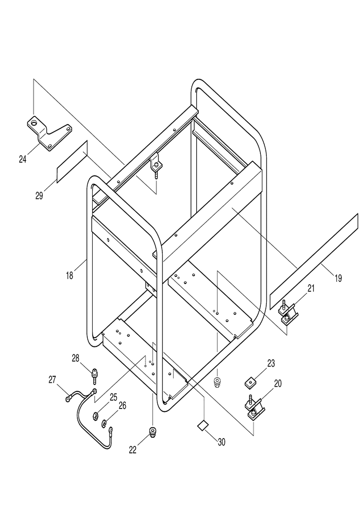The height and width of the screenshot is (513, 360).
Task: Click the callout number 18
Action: point(70,275)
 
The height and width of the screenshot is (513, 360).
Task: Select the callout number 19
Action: point(338,278)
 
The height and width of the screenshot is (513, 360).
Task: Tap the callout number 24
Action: point(23,159)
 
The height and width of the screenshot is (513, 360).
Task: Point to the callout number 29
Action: point(39,196)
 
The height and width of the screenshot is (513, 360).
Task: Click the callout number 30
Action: point(221,442)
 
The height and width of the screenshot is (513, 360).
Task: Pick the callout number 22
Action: point(133,450)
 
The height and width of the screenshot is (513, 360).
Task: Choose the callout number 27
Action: point(52,379)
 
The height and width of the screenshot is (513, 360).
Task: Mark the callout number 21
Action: point(311,288)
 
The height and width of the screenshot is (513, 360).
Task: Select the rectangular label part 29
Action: point(72,162)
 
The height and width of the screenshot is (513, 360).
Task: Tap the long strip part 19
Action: point(314,261)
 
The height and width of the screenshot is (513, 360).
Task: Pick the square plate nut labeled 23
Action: point(251,382)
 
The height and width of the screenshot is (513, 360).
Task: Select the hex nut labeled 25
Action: point(96,416)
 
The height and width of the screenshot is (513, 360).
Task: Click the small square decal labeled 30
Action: point(203,425)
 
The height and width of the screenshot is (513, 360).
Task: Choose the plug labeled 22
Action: point(152,432)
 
